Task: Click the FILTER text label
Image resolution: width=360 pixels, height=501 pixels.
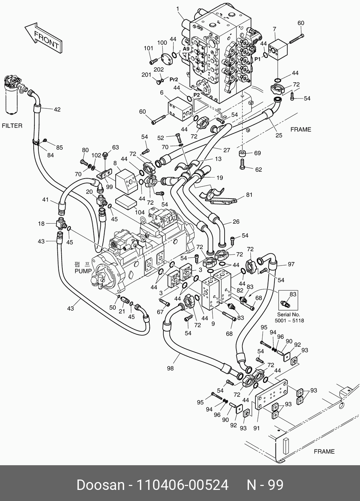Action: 12,126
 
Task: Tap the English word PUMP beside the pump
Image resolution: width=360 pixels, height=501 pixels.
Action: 83,271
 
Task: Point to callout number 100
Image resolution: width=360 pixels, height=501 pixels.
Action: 162,43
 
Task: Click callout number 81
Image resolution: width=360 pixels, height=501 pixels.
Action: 249,195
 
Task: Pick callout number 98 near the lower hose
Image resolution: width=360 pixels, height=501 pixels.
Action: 171,368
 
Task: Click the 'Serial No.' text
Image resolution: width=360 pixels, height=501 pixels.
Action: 289,314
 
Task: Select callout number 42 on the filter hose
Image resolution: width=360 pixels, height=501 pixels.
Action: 57,110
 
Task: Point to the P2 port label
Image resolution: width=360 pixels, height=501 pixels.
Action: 197,95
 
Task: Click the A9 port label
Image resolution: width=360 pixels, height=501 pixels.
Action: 186,48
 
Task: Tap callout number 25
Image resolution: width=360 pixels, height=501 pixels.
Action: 279,135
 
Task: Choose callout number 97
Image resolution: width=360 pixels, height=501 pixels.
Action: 291,264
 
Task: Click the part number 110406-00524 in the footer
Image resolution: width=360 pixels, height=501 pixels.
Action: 183,485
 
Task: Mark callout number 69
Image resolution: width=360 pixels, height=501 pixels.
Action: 258,153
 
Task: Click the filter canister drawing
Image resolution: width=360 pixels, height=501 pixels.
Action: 12,97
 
